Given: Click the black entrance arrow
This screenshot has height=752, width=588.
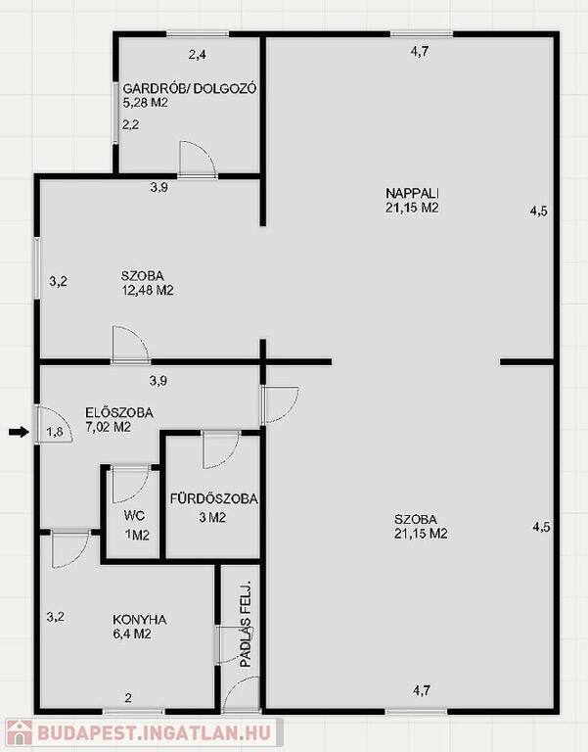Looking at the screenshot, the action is [20, 432].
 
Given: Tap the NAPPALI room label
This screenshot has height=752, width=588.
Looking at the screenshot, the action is [413, 193].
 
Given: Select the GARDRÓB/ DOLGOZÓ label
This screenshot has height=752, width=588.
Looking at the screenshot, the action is [190, 89].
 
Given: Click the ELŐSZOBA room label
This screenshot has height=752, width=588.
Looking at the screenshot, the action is [119, 412].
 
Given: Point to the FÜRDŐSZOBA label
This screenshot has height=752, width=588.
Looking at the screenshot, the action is [213, 498].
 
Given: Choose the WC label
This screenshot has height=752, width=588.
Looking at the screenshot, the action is [134, 516].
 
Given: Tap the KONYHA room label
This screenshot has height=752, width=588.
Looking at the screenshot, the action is [140, 620].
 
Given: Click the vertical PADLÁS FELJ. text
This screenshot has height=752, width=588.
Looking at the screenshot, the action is [246, 625].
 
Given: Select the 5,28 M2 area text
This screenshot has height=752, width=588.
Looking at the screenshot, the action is [146, 103].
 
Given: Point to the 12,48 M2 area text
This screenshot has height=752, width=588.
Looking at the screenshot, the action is [148, 290].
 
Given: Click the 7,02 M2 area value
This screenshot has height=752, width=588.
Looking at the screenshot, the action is [109, 427].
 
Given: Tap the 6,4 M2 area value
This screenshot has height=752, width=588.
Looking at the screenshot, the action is [132, 634].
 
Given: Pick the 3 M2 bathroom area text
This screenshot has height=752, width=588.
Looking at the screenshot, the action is [211, 517].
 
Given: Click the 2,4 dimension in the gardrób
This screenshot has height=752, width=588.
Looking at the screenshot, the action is [197, 55].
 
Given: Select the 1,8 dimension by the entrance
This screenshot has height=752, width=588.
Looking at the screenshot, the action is [55, 432].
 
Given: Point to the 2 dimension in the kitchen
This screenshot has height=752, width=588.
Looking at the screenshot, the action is [128, 698].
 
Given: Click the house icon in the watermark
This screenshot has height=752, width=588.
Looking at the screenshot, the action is [20, 733].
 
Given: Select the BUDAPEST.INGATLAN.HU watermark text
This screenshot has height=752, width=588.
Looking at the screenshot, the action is [154, 733].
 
